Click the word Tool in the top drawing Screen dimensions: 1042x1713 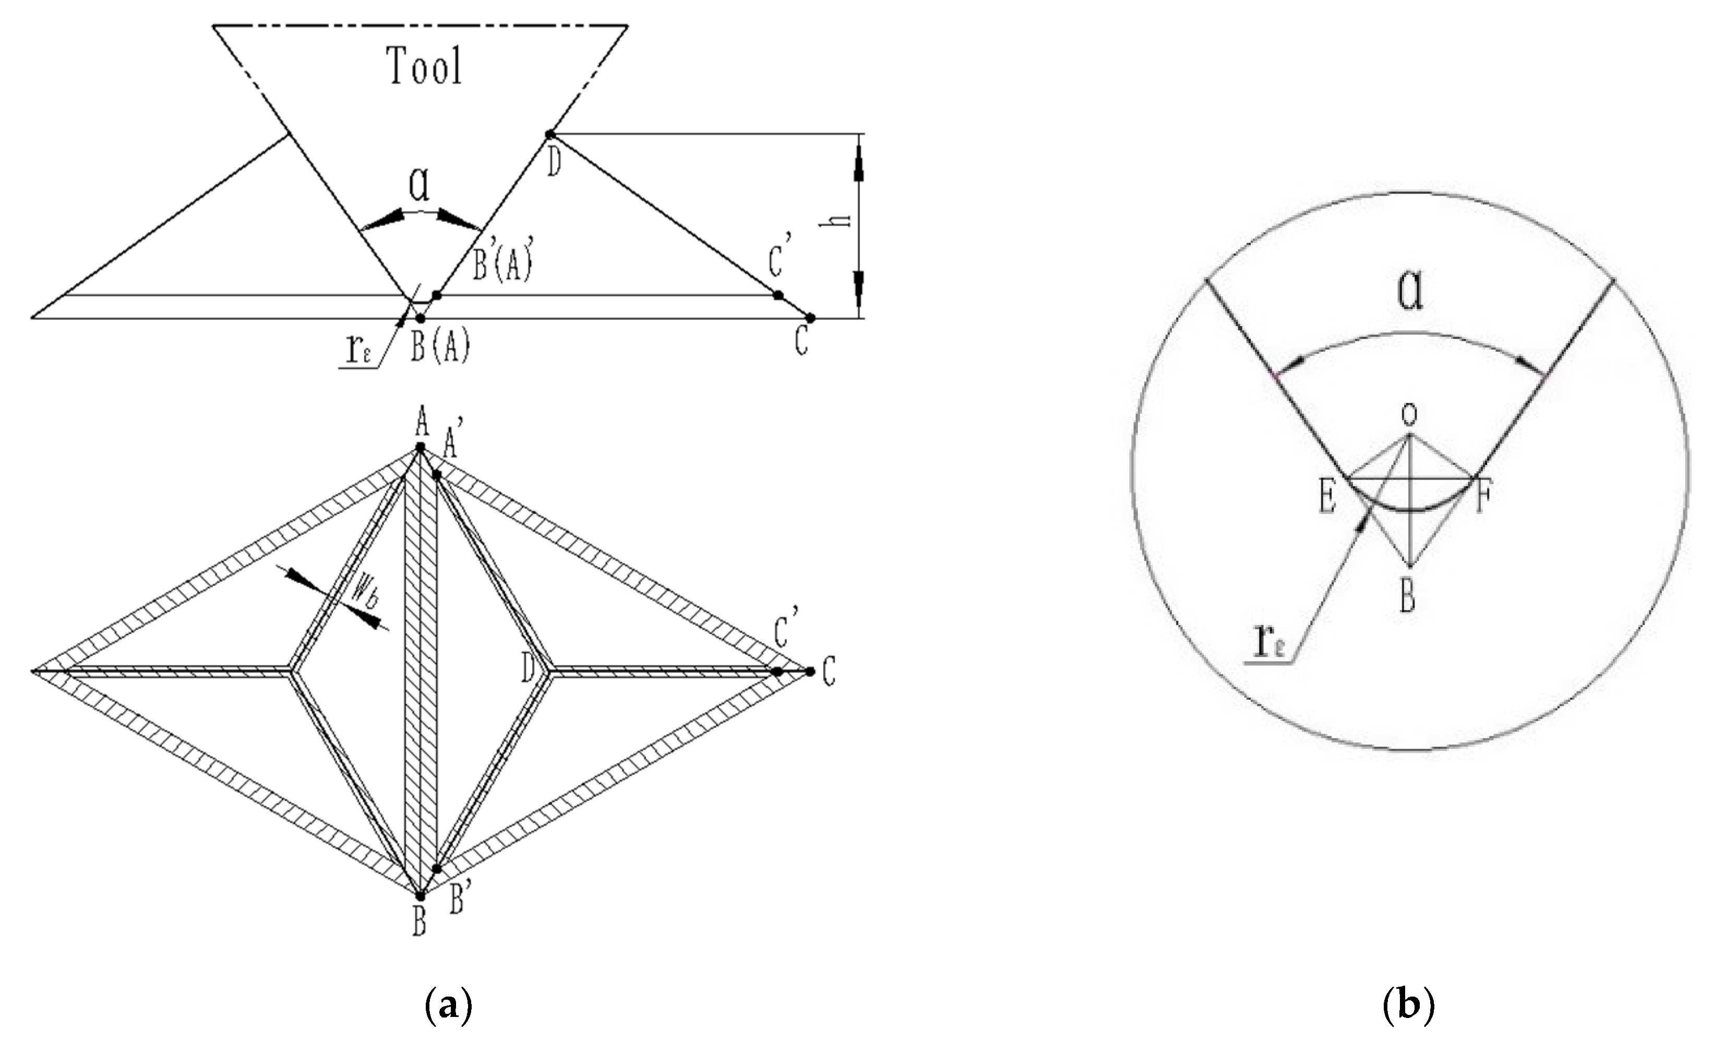click(424, 66)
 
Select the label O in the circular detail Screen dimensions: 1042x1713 click(1408, 415)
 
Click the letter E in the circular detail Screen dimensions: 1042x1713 click(1327, 498)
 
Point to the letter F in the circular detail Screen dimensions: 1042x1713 click(1482, 498)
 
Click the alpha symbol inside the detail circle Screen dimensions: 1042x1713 click(1410, 292)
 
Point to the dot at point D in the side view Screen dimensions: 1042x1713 click(549, 134)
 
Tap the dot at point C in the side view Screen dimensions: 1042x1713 click(810, 318)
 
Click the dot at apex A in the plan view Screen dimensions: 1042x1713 click(420, 447)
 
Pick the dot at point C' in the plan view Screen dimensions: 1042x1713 click(777, 672)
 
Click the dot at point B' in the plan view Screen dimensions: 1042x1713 click(437, 869)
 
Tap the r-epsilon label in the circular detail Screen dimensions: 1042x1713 click(1269, 643)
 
